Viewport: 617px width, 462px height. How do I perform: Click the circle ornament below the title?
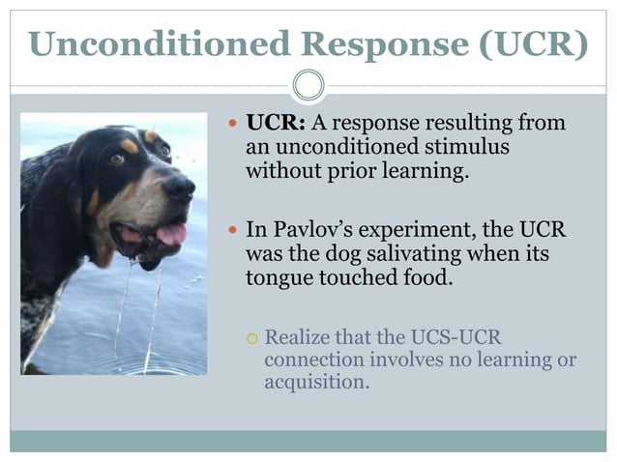(x=308, y=86)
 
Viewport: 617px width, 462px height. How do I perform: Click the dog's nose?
(x=180, y=186)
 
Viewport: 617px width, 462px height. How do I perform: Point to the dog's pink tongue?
(x=171, y=233)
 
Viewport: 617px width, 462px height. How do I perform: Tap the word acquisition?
(x=316, y=382)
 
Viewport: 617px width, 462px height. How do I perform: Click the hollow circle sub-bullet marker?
(x=250, y=338)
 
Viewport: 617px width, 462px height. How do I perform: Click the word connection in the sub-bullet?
(x=310, y=360)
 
